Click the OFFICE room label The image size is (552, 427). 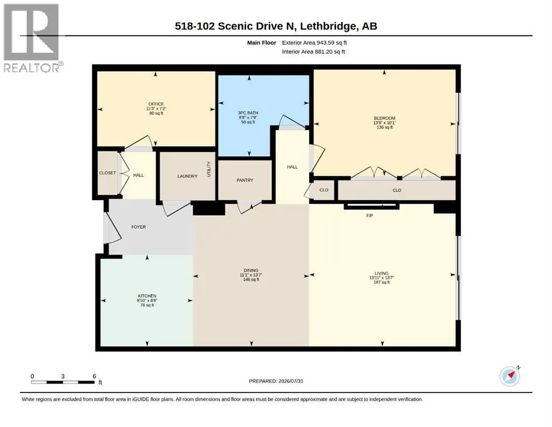tap(156, 104)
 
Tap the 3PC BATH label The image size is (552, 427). tap(248, 113)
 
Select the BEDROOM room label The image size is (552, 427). tap(385, 118)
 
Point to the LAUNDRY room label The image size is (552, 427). tap(187, 176)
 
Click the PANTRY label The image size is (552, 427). tap(245, 180)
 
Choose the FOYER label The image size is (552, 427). tap(138, 227)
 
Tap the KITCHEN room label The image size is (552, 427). tap(147, 296)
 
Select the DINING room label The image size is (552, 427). tap(251, 270)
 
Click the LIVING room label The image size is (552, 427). tap(381, 273)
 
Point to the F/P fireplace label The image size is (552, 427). tap(369, 215)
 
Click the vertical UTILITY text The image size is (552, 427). tap(209, 169)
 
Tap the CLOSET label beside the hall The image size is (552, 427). tap(107, 173)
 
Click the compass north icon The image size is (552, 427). tap(510, 376)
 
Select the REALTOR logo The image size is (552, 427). tap(32, 38)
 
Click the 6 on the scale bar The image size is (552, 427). tap(95, 376)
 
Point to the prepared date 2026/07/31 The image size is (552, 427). tap(291, 381)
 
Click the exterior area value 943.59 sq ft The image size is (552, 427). tap(332, 43)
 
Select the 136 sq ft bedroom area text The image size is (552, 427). tap(385, 127)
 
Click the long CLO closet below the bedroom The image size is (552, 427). tap(397, 190)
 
